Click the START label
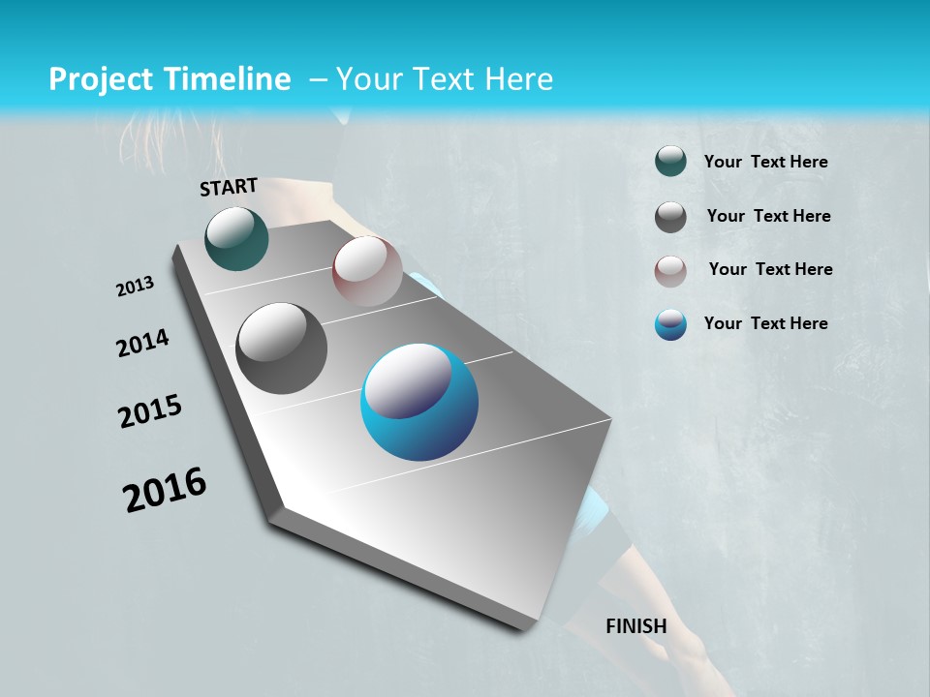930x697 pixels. (229, 187)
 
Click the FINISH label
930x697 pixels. (635, 626)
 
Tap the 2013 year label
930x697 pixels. (135, 287)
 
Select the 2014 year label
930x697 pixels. (142, 344)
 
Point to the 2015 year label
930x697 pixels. (150, 411)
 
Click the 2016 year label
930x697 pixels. (165, 490)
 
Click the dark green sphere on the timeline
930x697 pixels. (236, 238)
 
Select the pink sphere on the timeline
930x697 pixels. (367, 271)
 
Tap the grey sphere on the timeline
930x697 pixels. (281, 348)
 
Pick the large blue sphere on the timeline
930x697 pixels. (419, 402)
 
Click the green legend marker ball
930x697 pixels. (670, 162)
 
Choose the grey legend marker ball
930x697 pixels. (670, 217)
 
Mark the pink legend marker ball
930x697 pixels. (670, 270)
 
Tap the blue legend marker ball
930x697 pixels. (670, 324)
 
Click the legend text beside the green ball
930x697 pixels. (765, 163)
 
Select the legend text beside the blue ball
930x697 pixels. (765, 323)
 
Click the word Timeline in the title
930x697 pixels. (221, 79)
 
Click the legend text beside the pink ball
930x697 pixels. (770, 269)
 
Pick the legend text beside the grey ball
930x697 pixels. (768, 216)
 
